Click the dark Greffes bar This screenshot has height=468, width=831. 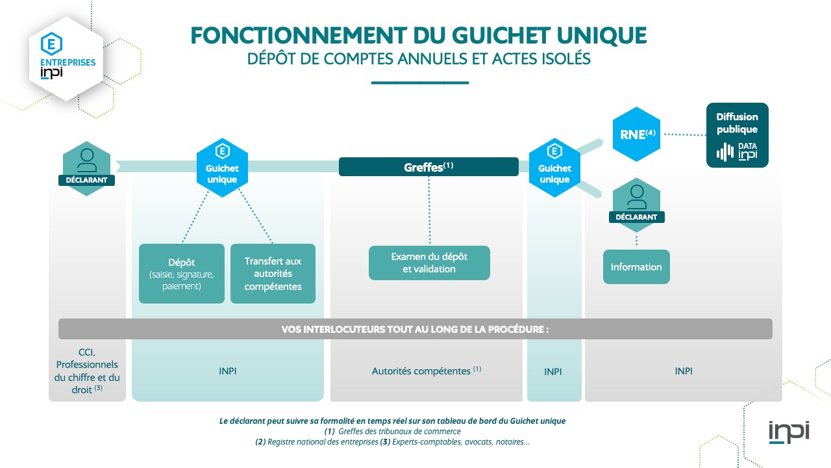[428, 167]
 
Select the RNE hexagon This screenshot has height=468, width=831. [636, 134]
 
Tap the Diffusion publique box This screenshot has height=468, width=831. [737, 135]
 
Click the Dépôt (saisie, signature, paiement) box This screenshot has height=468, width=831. [181, 274]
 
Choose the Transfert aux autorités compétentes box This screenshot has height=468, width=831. [273, 274]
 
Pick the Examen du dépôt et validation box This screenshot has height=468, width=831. [429, 263]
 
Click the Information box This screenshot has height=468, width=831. [636, 266]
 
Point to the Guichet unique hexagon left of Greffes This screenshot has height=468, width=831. [222, 168]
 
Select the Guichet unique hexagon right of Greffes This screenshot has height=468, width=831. [554, 168]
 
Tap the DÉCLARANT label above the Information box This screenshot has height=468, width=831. [637, 217]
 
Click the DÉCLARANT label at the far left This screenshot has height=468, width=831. [86, 180]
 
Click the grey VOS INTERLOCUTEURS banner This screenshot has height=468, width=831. [415, 329]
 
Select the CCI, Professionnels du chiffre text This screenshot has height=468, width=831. [87, 370]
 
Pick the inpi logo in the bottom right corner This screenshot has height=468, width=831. [789, 432]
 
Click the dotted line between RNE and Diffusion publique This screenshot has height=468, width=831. [684, 135]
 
